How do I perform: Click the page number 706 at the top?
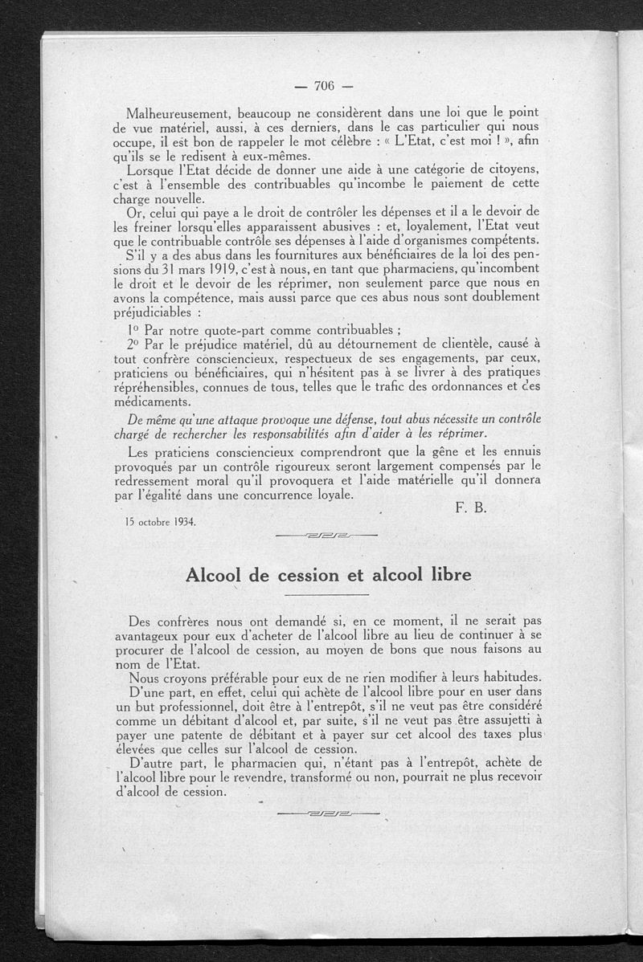point(325,87)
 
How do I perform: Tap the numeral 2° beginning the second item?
point(134,343)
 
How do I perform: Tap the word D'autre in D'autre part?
point(153,762)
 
